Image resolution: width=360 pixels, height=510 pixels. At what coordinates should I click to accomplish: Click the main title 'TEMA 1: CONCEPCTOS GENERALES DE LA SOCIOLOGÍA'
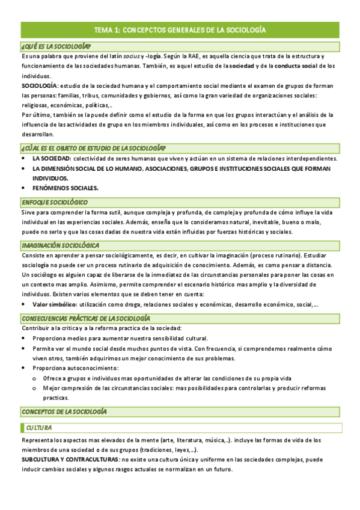pyautogui.click(x=180, y=29)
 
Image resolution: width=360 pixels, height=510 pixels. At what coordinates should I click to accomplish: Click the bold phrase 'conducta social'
pyautogui.click(x=295, y=66)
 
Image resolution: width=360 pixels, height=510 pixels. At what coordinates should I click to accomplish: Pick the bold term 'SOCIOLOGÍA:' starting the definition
pyautogui.click(x=41, y=86)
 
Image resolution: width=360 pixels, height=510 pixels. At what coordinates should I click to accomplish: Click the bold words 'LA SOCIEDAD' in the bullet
pyautogui.click(x=51, y=159)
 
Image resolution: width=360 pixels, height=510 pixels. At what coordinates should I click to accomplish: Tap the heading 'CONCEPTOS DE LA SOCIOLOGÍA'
pyautogui.click(x=64, y=411)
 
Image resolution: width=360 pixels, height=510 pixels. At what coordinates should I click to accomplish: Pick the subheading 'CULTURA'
pyautogui.click(x=38, y=428)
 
